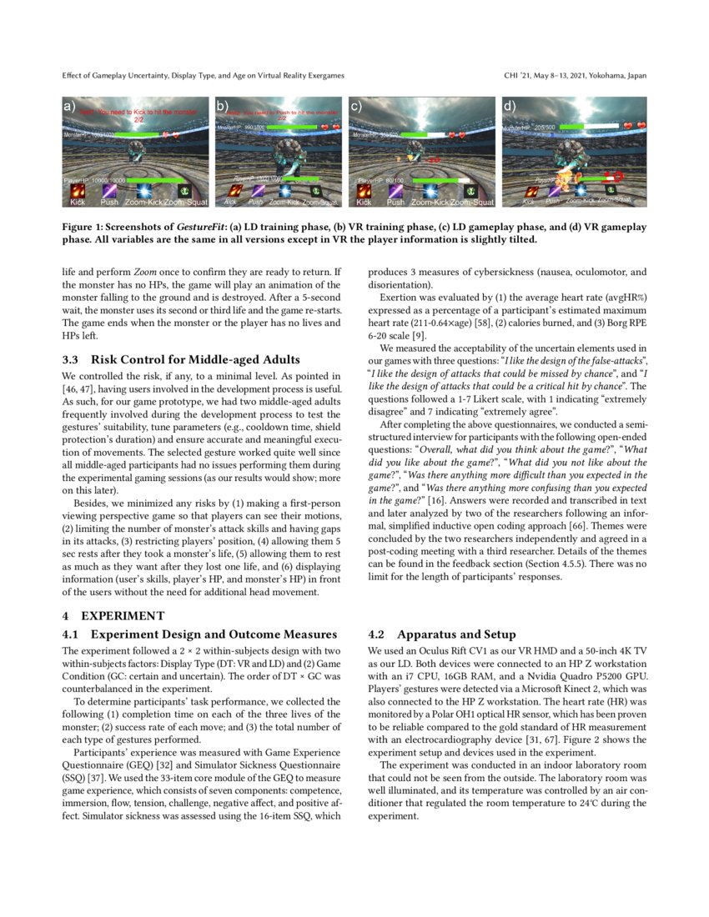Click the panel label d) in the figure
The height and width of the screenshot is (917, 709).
click(x=509, y=106)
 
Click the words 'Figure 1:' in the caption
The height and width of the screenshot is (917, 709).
click(x=86, y=227)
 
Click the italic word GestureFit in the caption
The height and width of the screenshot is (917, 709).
click(x=199, y=227)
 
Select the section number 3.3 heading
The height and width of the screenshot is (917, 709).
click(x=73, y=360)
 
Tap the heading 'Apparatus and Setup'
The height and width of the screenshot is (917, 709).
click(x=457, y=634)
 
